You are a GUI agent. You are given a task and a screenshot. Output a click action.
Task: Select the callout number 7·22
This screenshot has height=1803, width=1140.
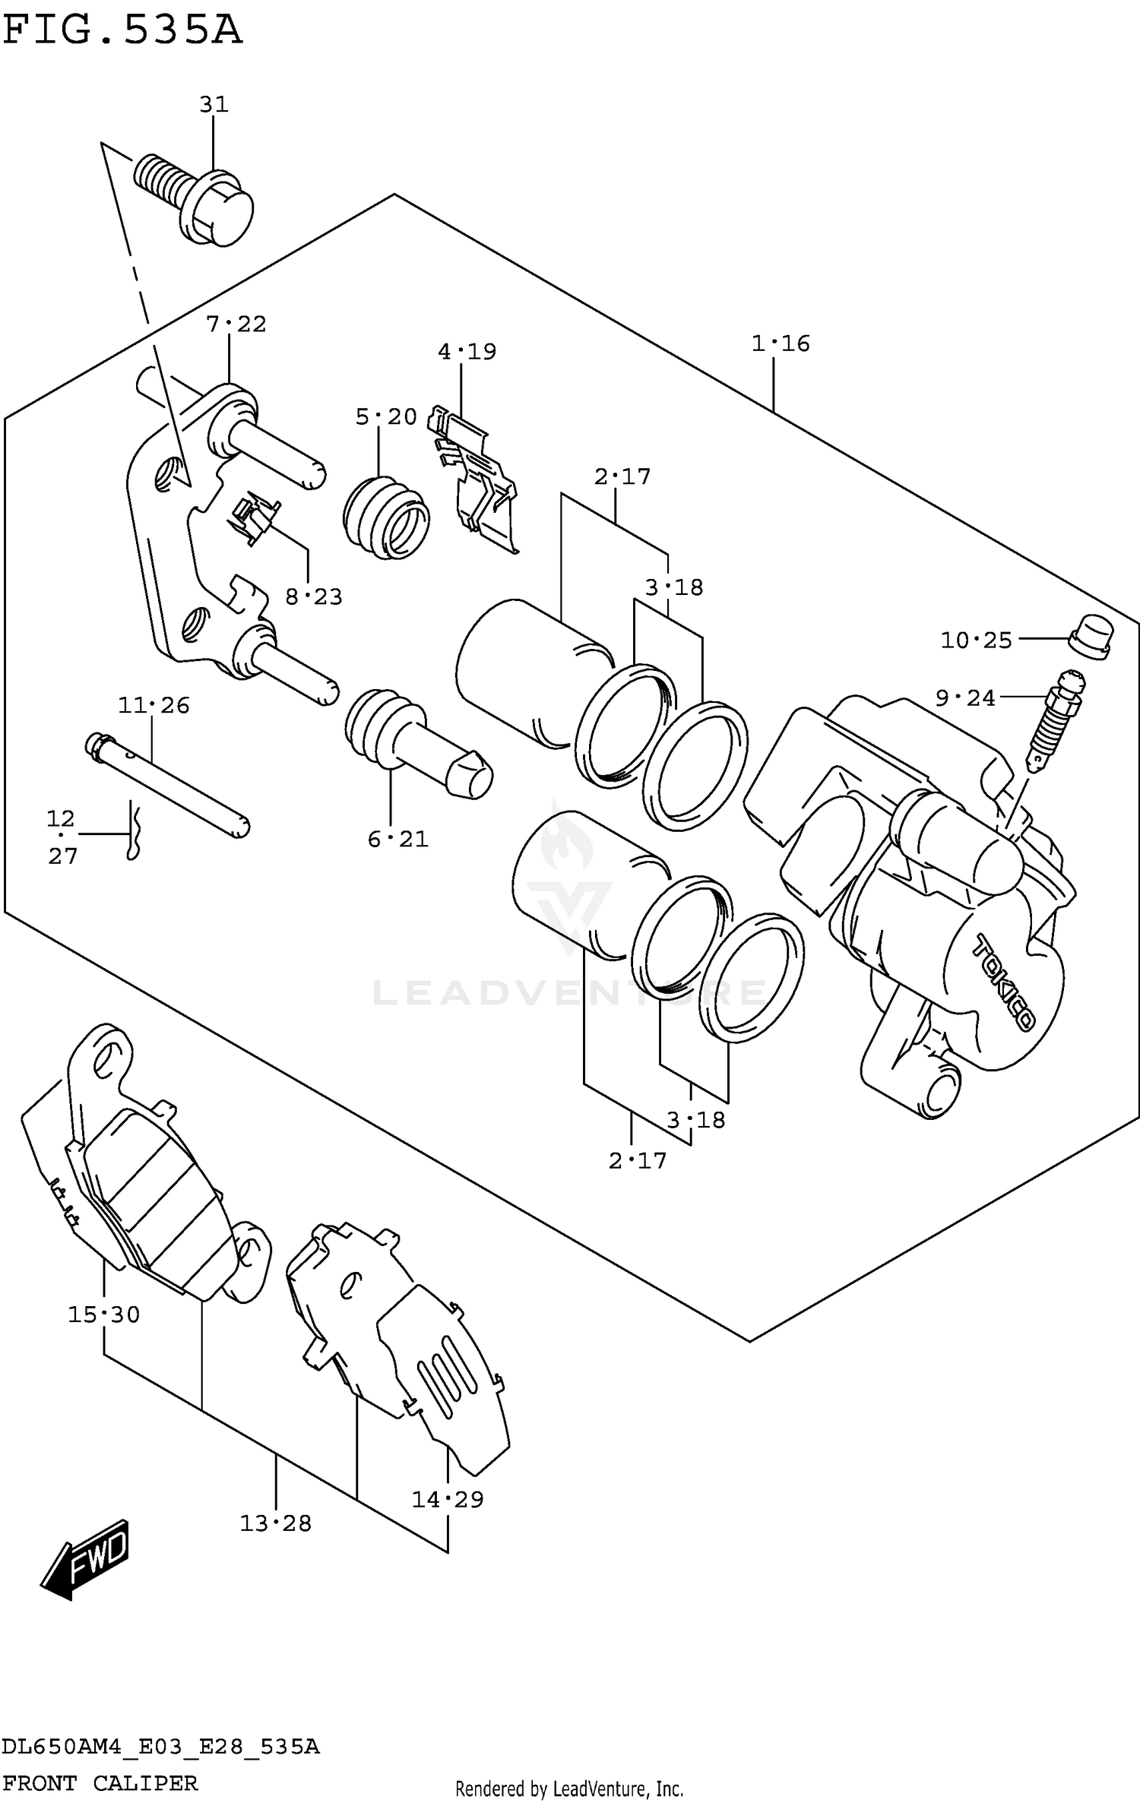pyautogui.click(x=236, y=324)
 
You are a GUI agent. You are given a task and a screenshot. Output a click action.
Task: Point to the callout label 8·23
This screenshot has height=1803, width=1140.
pyautogui.click(x=314, y=597)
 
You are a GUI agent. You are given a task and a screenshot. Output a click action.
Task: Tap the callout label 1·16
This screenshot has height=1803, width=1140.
pyautogui.click(x=781, y=343)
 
